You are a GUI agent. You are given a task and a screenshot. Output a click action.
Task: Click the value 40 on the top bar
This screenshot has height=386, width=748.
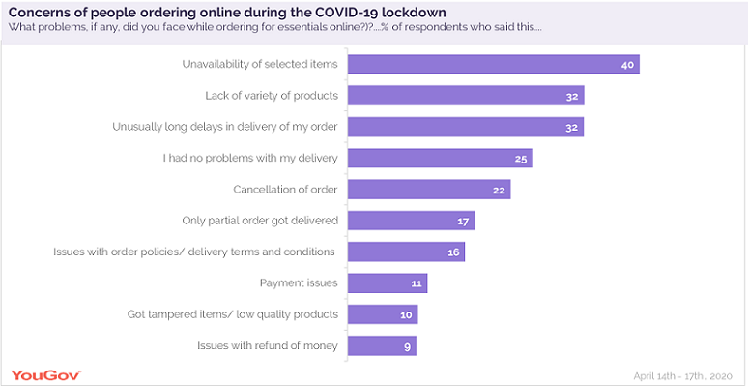point(627,65)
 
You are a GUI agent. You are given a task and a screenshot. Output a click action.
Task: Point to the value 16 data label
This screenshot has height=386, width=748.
point(454,252)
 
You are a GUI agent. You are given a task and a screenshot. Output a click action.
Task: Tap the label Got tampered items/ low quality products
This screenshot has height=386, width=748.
point(233,314)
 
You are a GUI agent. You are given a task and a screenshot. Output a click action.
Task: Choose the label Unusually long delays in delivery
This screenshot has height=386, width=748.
point(224,127)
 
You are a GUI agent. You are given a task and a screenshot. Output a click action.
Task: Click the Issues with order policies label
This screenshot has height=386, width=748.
point(193,252)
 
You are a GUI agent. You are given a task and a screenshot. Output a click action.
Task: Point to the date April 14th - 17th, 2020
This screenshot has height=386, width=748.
point(682,375)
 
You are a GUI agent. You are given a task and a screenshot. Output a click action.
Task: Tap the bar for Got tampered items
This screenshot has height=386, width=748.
point(381,314)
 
